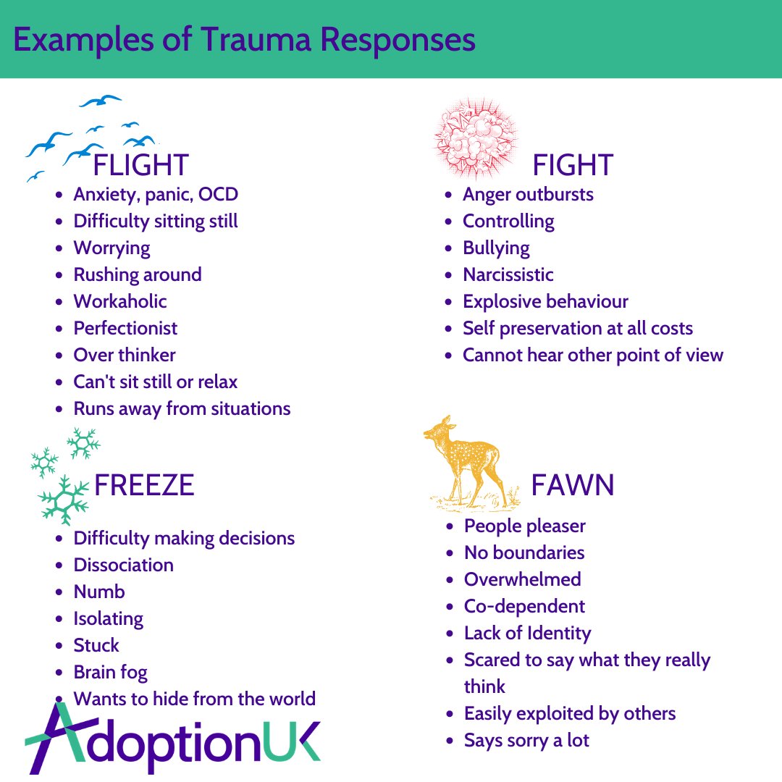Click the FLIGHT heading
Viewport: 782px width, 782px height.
coord(141,165)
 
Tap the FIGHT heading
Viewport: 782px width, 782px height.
coord(573,165)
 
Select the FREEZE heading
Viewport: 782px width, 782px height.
coord(144,485)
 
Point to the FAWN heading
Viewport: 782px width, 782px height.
coord(573,485)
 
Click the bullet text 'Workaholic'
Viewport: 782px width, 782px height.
coord(120,301)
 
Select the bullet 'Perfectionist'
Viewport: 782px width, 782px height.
coord(125,328)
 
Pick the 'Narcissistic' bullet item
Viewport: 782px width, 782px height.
coord(508,274)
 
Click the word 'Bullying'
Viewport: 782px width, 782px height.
coord(496,248)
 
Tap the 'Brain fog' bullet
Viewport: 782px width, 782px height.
coord(110,672)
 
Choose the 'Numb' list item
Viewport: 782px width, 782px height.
coord(99,592)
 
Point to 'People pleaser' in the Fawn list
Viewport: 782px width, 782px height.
coord(525,526)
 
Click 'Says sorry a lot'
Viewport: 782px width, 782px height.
coord(526,740)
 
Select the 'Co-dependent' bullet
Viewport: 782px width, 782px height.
coord(524,606)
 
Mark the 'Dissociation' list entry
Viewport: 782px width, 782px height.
coord(124,565)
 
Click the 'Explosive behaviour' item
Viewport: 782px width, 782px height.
coord(545,301)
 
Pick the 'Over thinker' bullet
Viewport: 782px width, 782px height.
coord(125,355)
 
